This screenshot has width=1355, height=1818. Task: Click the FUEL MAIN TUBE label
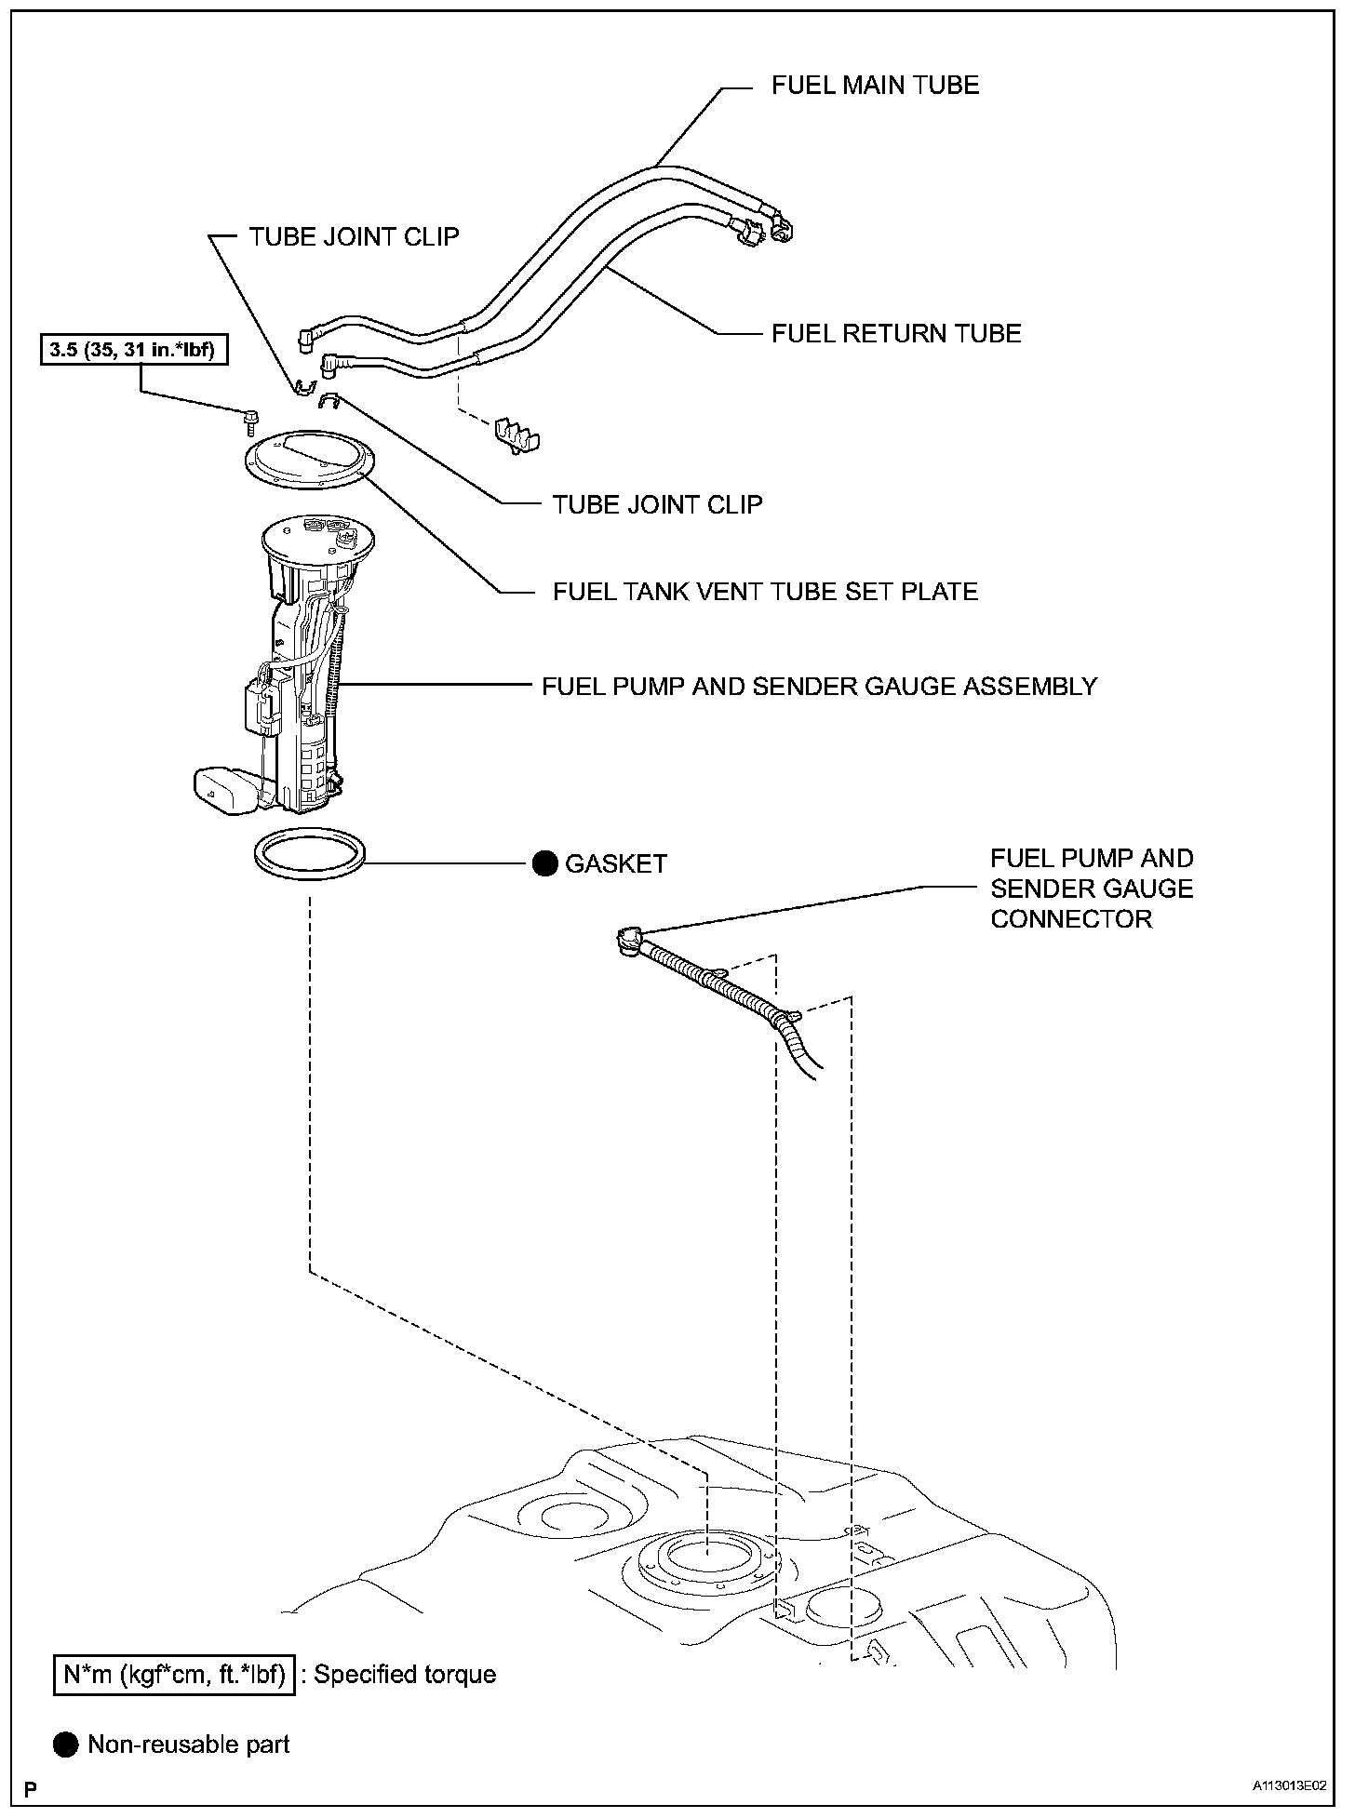click(x=875, y=86)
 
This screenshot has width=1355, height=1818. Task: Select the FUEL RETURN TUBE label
click(x=896, y=333)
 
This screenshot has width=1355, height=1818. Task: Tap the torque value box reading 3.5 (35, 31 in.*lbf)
click(x=134, y=351)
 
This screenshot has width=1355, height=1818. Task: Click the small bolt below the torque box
click(x=249, y=422)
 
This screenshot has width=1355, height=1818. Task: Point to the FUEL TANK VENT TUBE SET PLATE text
click(x=765, y=592)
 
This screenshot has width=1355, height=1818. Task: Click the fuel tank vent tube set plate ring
click(x=308, y=461)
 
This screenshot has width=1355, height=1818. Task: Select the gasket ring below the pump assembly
click(x=310, y=854)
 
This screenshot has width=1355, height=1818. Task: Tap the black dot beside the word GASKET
click(x=544, y=863)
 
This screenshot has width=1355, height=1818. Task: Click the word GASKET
click(x=616, y=863)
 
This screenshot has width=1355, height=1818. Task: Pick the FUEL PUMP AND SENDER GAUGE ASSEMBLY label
click(x=819, y=687)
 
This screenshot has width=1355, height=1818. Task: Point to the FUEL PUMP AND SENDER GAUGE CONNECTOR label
click(x=1091, y=889)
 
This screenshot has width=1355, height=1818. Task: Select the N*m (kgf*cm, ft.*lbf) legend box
click(x=174, y=1675)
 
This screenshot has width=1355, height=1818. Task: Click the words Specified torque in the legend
click(x=405, y=1675)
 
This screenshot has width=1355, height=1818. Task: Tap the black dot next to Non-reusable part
click(x=67, y=1744)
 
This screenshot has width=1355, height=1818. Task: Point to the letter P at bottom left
click(x=32, y=1788)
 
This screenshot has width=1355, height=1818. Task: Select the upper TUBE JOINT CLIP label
click(x=354, y=236)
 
